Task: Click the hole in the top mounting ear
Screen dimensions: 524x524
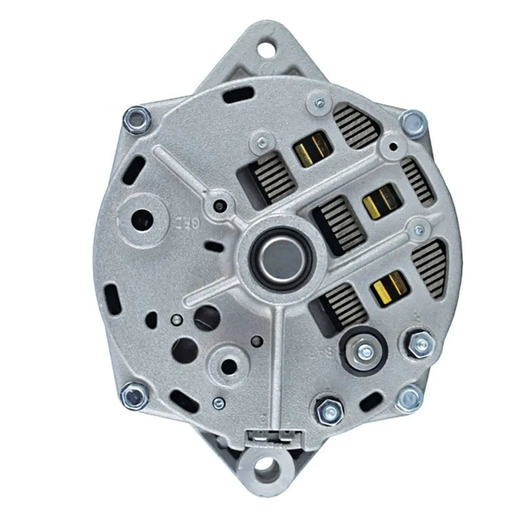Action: pyautogui.click(x=267, y=48)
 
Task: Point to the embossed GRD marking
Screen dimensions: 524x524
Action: pyautogui.click(x=187, y=220)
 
